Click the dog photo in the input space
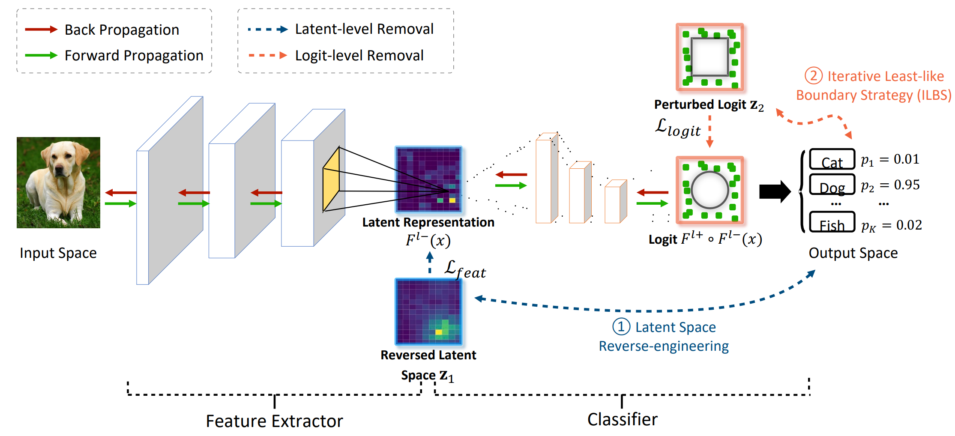[x=58, y=182]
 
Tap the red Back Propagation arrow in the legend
[x=41, y=30]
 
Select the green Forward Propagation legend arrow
[x=41, y=55]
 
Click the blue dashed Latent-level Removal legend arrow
[x=267, y=30]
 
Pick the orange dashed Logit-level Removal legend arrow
[x=267, y=55]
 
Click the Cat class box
[x=832, y=160]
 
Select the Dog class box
[x=832, y=185]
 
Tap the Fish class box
[x=832, y=222]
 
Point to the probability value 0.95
[x=907, y=185]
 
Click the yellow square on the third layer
[x=331, y=180]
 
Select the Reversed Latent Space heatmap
[x=428, y=312]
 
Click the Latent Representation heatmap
[x=428, y=179]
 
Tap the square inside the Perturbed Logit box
[x=710, y=57]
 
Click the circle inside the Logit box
[x=710, y=190]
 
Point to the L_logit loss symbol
[x=678, y=128]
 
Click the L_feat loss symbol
[x=465, y=269]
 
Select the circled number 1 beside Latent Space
[x=621, y=327]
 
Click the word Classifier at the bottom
[x=622, y=419]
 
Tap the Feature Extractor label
[x=274, y=421]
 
